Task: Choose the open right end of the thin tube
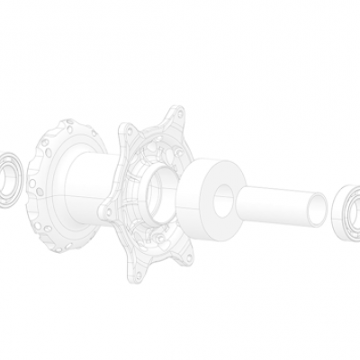(317, 209)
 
